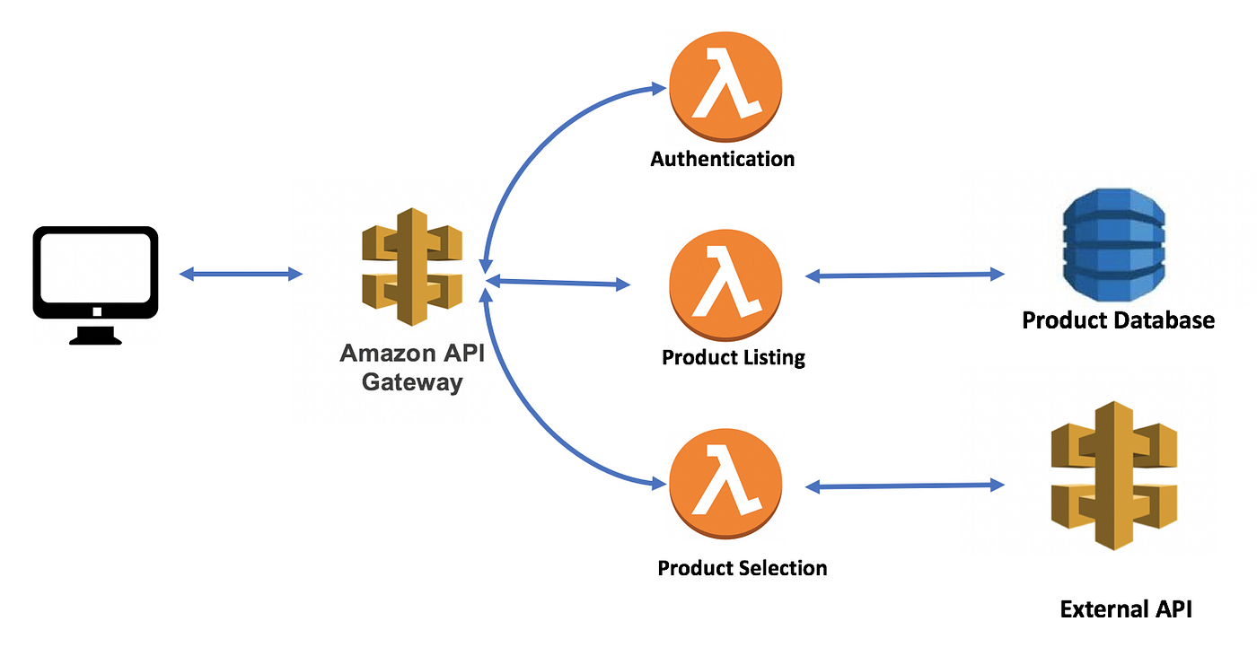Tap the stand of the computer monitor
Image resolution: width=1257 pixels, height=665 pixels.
[x=95, y=334]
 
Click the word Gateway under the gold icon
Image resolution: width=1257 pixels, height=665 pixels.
[x=411, y=381]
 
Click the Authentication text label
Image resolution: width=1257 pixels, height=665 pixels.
[x=723, y=160]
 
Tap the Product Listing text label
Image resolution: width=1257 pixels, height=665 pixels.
[x=734, y=357]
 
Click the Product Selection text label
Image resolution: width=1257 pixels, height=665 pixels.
[x=742, y=568]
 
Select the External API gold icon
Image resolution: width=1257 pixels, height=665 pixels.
[x=1112, y=476]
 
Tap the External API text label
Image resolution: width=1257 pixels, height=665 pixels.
[x=1126, y=609]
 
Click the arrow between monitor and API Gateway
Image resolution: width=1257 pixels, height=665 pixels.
[x=241, y=274]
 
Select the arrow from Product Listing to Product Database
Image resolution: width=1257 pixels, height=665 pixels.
[x=904, y=276]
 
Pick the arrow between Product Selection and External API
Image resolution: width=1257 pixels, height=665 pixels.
[x=904, y=486]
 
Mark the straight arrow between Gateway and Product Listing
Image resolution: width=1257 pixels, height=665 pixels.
[x=557, y=283]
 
